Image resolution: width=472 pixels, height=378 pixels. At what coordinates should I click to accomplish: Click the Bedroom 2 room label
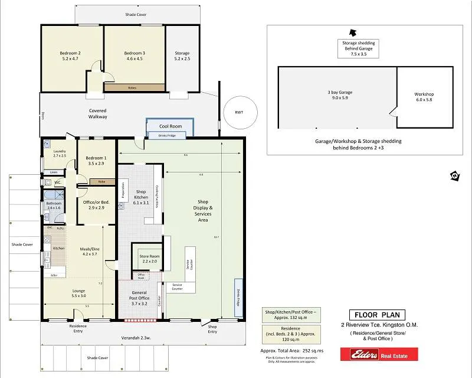coord(70,53)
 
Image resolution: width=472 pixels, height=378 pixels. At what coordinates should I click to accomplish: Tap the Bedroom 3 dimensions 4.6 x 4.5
coord(135,59)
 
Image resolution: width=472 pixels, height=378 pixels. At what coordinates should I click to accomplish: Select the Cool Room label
coord(171,126)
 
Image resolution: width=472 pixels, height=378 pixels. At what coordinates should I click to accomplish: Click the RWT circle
coord(238,112)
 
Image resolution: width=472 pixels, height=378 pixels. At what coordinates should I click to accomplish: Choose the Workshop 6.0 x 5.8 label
coord(424,97)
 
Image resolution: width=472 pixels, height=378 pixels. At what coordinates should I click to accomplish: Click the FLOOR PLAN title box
coord(376,315)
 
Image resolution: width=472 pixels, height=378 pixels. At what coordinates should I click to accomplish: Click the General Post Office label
coord(139,296)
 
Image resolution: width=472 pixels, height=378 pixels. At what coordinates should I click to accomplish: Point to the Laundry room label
coord(59,152)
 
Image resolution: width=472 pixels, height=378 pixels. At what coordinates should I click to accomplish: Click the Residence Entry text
coord(78,328)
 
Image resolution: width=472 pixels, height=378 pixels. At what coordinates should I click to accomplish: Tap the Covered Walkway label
coord(98,113)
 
